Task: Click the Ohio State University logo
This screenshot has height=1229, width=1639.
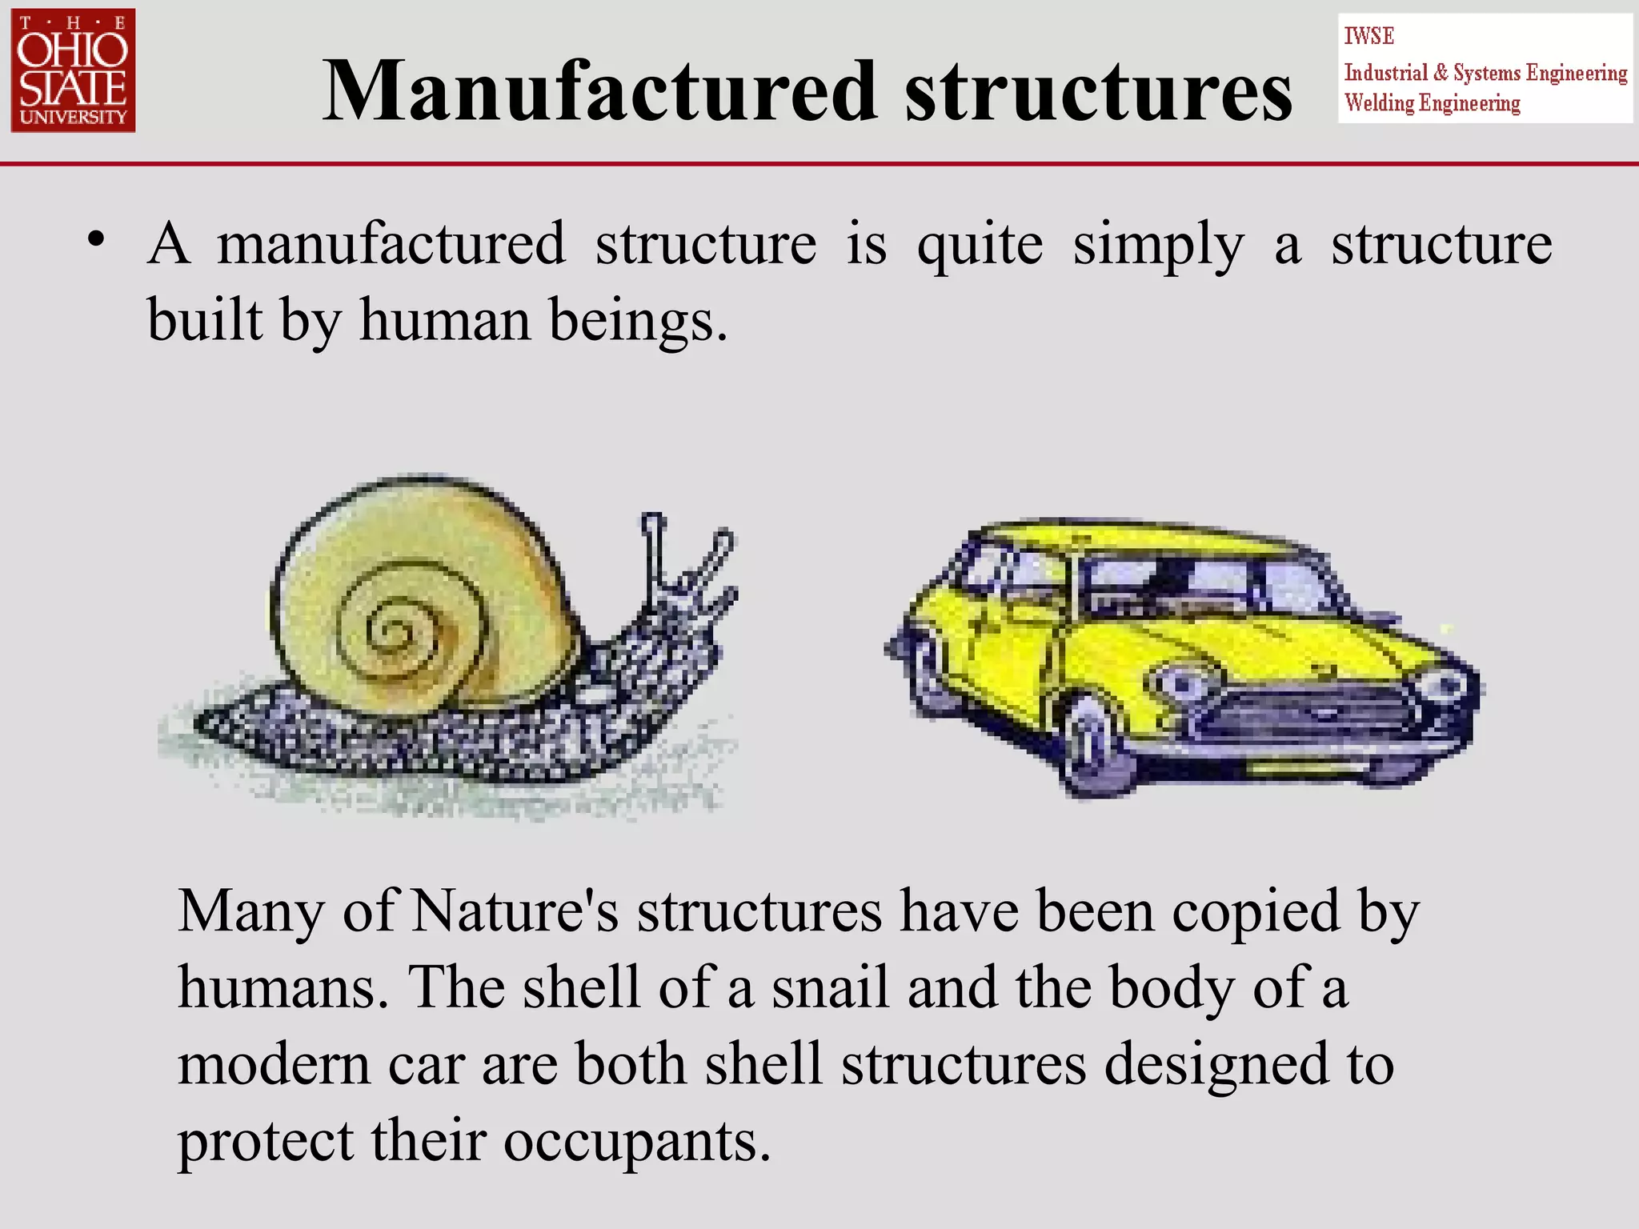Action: click(x=73, y=70)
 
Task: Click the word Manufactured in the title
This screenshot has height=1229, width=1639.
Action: click(x=599, y=91)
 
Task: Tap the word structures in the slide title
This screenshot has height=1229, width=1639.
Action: click(x=1098, y=91)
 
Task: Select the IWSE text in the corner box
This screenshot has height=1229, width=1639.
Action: click(x=1369, y=36)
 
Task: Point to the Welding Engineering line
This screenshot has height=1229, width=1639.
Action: click(x=1432, y=103)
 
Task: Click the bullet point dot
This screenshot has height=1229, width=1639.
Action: click(x=97, y=239)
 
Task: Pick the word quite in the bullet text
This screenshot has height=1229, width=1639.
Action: click(x=980, y=244)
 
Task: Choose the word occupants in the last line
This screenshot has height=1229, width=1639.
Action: click(x=637, y=1141)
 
